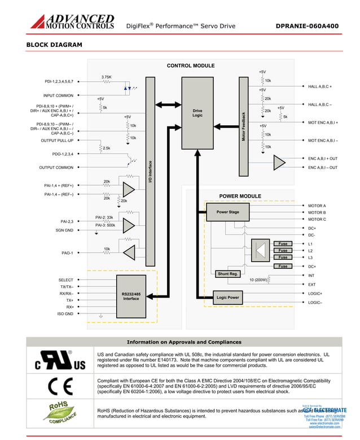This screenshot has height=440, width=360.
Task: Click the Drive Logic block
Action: [197, 113]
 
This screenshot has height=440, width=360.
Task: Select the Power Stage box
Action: [228, 212]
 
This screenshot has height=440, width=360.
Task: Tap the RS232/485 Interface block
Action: [131, 296]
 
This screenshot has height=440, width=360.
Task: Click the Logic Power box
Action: [228, 297]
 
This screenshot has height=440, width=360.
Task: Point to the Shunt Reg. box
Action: [228, 274]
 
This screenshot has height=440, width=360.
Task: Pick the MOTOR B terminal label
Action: [317, 212]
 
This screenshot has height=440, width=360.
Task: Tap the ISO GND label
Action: [65, 313]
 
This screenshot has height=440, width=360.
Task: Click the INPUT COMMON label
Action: [58, 95]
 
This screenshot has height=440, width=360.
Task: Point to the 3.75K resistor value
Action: [106, 77]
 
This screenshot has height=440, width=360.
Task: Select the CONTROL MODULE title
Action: [191, 66]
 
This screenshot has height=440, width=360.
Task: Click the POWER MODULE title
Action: [240, 196]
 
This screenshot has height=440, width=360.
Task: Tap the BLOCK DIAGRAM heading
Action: [54, 45]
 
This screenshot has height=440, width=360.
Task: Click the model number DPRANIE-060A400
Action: [307, 26]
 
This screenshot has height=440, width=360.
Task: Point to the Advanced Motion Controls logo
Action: [72, 21]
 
